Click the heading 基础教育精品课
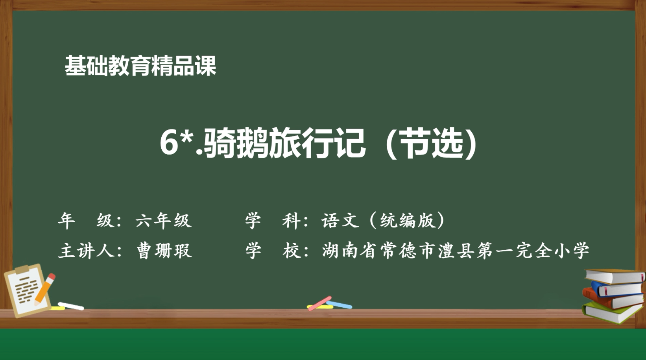coord(140,66)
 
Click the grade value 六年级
coord(163,220)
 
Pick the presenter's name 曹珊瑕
coord(164,251)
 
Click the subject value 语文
coord(340,220)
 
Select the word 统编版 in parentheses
coord(407,220)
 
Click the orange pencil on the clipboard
coord(45,289)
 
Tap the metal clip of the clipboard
coord(22,270)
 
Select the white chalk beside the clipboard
coord(71,306)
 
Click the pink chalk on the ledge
coord(319,303)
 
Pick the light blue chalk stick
coord(340,305)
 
